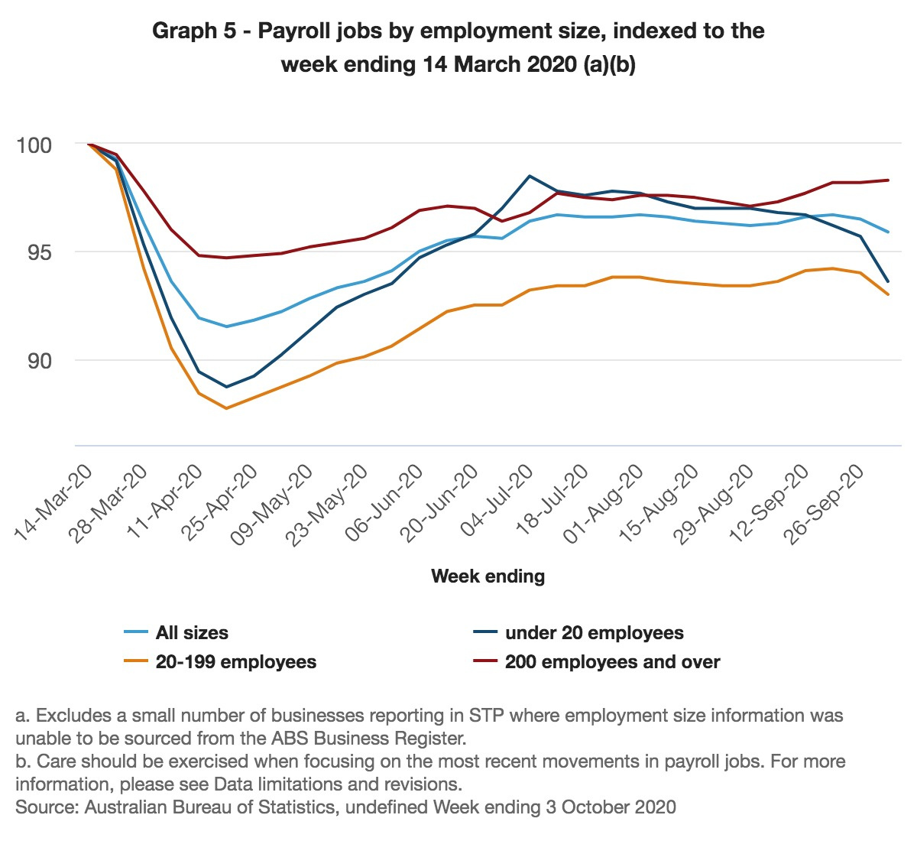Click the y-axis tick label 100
(x=34, y=145)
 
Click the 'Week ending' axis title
(x=488, y=576)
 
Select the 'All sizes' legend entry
(x=191, y=633)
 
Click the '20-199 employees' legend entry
(x=235, y=662)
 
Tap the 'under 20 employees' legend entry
(x=594, y=633)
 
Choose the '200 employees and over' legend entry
(x=611, y=662)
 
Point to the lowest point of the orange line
(x=226, y=408)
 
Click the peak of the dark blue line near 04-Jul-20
(x=530, y=176)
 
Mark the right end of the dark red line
(x=888, y=180)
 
